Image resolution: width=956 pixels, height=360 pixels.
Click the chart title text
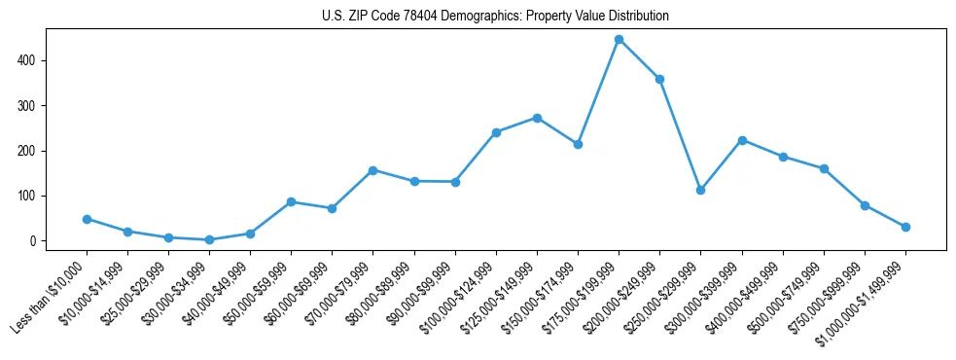[x=495, y=17]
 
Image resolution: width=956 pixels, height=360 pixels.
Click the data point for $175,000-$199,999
[x=619, y=40]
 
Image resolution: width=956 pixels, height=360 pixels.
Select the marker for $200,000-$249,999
[x=659, y=79]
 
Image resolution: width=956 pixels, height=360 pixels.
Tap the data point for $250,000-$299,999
[x=700, y=191]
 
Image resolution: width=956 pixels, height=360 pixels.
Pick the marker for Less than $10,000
[x=87, y=219]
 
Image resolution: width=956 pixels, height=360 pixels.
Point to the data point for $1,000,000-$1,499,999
[x=905, y=227]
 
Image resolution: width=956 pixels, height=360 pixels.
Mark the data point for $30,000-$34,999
[x=209, y=239]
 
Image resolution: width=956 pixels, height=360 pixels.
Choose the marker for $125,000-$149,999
[x=537, y=118]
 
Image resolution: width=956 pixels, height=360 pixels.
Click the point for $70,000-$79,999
[x=372, y=170]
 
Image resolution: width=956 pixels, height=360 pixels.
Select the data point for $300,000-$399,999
[x=742, y=140]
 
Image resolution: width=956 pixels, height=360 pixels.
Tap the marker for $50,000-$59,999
[x=291, y=201]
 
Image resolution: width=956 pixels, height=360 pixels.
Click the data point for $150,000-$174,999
[x=578, y=144]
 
